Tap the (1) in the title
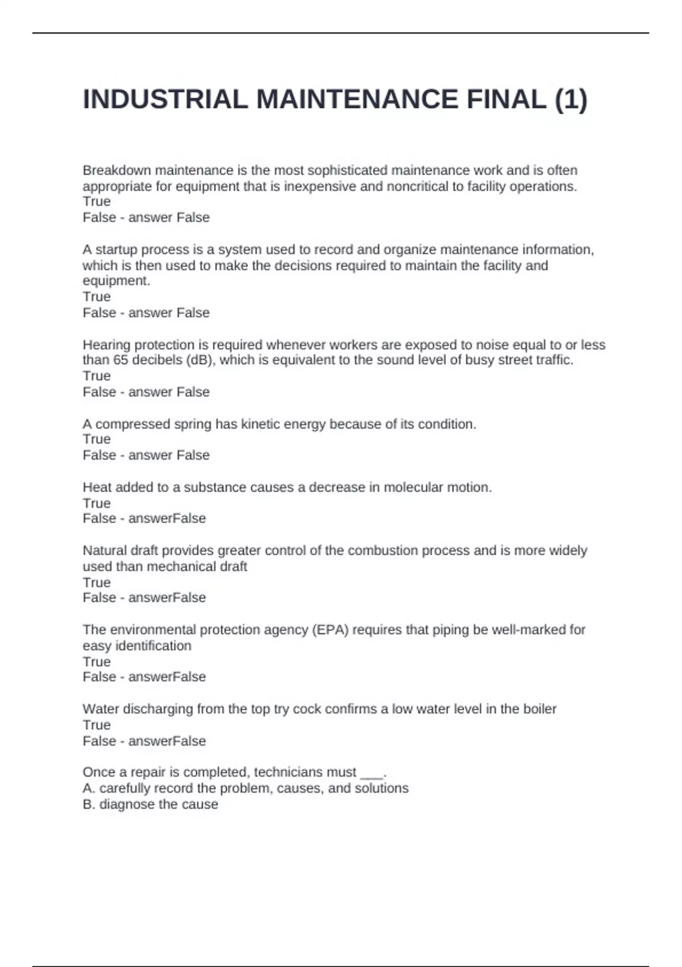click(571, 100)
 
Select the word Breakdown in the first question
click(117, 170)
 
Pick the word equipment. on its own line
click(116, 281)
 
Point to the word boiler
click(539, 709)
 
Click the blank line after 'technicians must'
click(372, 772)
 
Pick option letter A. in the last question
click(89, 788)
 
